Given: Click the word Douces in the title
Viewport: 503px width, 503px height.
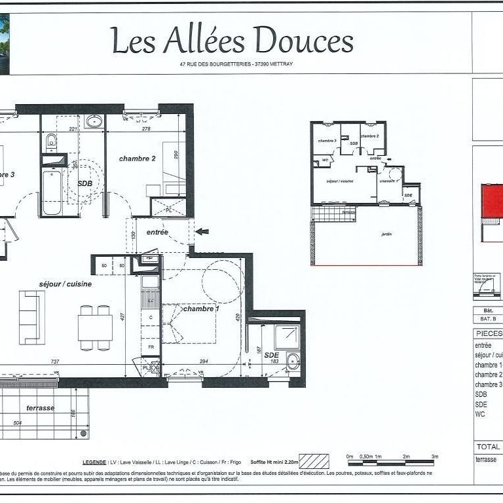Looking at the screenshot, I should coord(304,41).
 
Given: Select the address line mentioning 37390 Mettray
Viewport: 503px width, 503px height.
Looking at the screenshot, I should coord(240,64).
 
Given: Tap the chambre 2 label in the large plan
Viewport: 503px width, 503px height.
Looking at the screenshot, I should coord(137,158).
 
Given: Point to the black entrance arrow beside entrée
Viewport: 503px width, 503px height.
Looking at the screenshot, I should coord(202,231).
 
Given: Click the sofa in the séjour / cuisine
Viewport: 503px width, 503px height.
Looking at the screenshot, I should coord(31,317).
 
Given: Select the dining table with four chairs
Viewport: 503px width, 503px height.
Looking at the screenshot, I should coord(95,327).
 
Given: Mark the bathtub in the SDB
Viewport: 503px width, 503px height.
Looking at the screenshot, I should coord(52,192).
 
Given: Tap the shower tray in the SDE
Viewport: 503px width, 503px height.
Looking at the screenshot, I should coord(286,336).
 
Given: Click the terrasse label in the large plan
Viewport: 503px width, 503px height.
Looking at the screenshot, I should coord(40,407).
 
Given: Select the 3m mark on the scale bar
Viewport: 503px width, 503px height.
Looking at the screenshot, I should coord(434,456).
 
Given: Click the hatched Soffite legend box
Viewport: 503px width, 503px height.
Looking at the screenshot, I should coord(314,461).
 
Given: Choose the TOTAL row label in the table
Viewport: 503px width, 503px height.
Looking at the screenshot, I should coord(488,446).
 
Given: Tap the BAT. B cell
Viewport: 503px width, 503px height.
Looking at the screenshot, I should coord(488,319).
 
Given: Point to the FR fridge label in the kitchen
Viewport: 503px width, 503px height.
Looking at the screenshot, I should coord(150,346).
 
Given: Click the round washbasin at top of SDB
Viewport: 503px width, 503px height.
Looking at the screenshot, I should coord(94,121).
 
